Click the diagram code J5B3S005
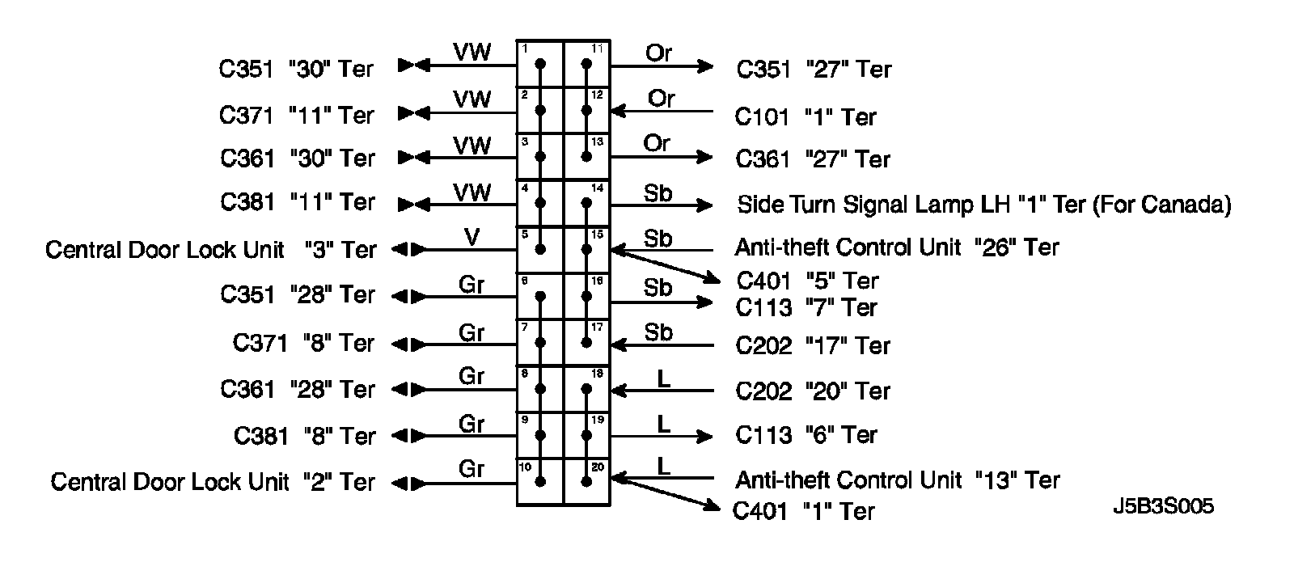1162,507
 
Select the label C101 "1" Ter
805,117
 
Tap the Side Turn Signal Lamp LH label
983,205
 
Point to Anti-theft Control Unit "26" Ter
896,247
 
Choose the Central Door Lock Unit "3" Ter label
210,250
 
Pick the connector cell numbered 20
586,483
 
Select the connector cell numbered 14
586,203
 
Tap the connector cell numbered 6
540,296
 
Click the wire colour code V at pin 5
472,238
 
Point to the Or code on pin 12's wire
661,99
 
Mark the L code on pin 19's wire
663,423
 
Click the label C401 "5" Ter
807,281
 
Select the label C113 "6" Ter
806,435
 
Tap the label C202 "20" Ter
812,391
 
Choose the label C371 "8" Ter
304,343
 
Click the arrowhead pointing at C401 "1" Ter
711,507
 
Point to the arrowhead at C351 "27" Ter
706,66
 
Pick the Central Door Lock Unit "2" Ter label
213,483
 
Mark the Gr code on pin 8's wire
472,377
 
